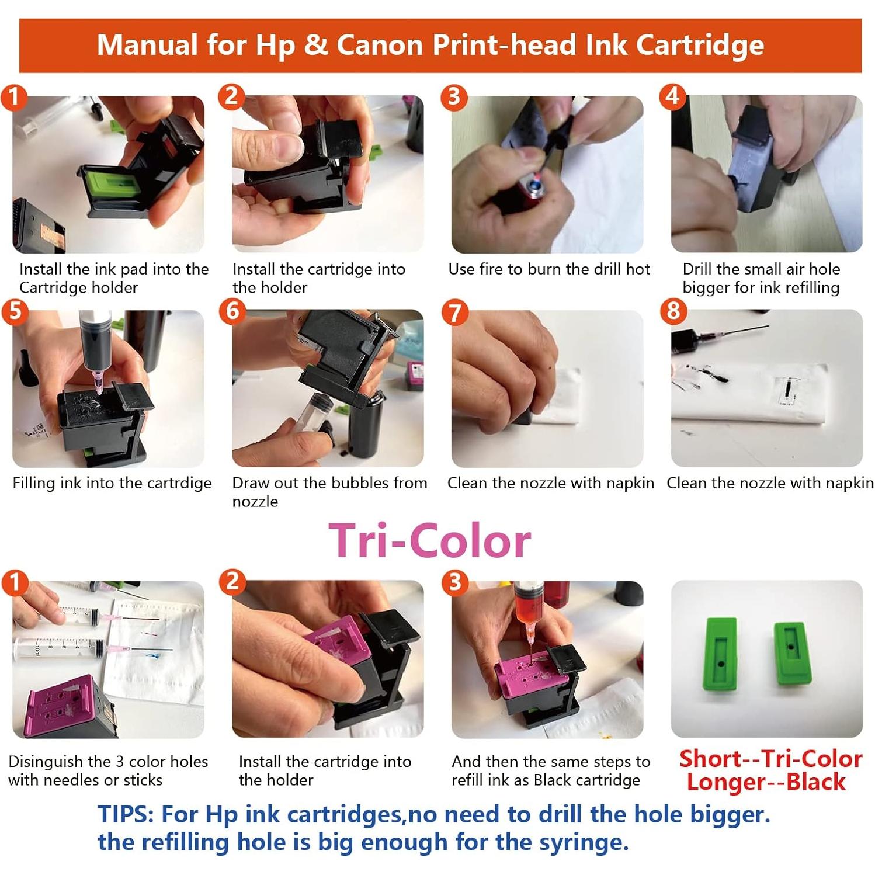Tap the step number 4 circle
tap(672, 96)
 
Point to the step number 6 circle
tap(232, 310)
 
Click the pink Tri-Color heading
tap(429, 541)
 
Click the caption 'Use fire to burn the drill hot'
tap(548, 269)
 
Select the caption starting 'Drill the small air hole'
tap(761, 278)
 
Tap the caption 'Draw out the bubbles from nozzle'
tap(329, 491)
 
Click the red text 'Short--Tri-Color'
tap(770, 759)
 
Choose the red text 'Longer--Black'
tap(766, 782)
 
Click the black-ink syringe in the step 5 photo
tap(96, 345)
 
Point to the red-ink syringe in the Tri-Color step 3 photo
tap(528, 607)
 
